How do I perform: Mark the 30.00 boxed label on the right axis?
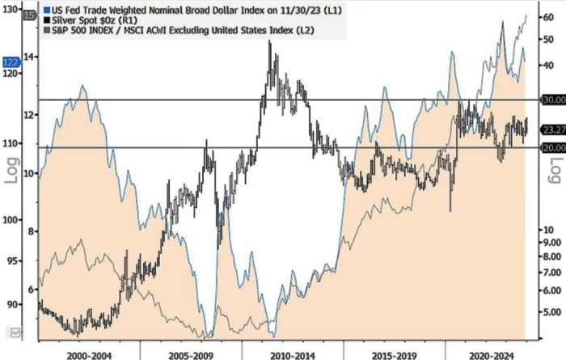(x=553, y=100)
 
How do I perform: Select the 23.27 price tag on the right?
(x=553, y=129)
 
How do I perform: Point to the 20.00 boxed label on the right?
(x=553, y=147)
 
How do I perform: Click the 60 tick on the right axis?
(x=548, y=16)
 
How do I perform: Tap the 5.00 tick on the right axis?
(x=551, y=311)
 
